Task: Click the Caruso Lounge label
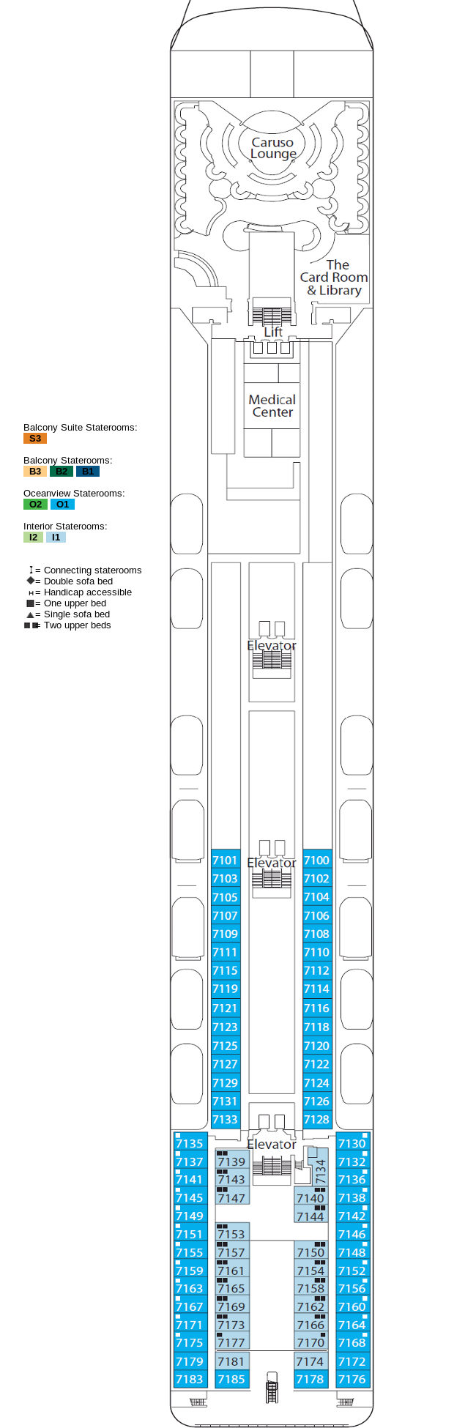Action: point(272,148)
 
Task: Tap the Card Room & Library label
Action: point(334,278)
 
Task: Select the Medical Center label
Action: point(272,406)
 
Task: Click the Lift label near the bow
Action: point(273,332)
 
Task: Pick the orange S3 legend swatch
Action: point(35,439)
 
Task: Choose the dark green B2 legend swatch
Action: point(62,472)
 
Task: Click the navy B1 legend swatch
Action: point(88,472)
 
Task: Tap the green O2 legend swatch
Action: point(35,505)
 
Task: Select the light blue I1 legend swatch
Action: point(56,538)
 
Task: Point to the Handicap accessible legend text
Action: point(87,592)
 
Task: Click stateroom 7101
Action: point(225,860)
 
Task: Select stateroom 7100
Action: point(316,860)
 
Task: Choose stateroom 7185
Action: point(231,1380)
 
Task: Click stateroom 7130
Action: point(352,1143)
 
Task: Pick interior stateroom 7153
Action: point(231,1234)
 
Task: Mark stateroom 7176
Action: point(352,1380)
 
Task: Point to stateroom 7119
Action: point(225,989)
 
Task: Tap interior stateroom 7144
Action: point(310,1216)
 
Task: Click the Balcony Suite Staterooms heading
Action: point(80,428)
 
